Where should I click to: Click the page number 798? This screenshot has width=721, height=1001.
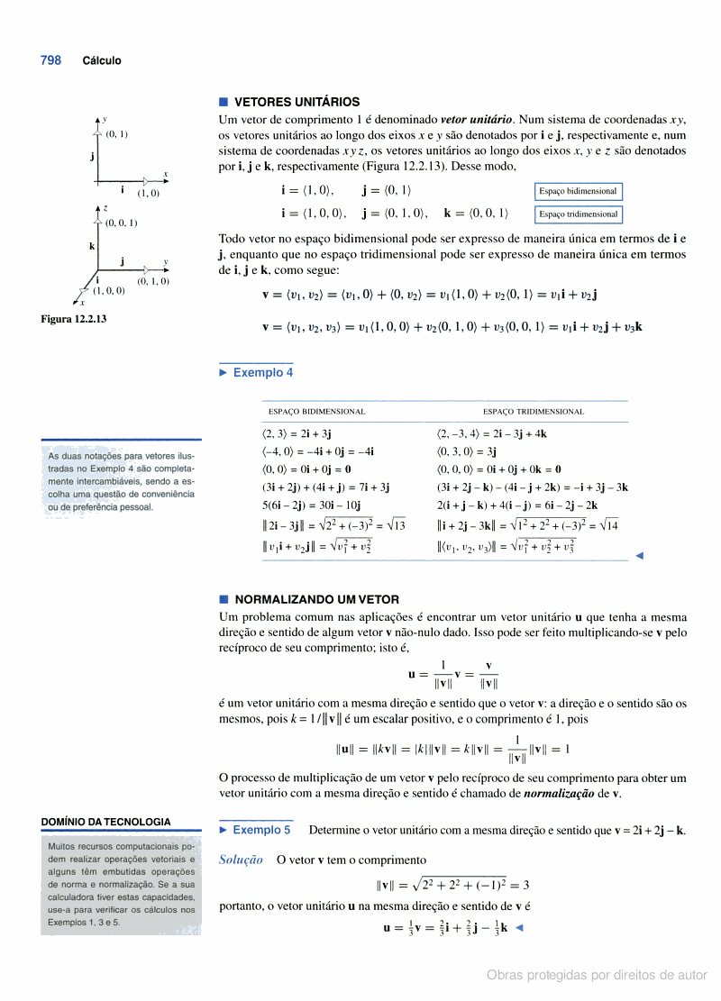50,60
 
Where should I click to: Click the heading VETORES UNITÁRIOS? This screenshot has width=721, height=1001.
297,102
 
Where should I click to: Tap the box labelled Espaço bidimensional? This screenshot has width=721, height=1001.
578,191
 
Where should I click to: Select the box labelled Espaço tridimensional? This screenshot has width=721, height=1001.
578,214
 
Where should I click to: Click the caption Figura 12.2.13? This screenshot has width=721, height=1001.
74,318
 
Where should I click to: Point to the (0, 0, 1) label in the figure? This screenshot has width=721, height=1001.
121,223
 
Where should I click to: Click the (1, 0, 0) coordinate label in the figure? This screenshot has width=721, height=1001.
109,290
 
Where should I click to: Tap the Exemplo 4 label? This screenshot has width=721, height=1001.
262,372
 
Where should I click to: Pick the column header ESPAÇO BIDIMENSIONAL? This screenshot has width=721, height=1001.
317,411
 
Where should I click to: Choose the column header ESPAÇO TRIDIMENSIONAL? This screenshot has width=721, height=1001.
534,411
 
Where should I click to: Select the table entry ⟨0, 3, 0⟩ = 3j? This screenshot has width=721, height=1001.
467,450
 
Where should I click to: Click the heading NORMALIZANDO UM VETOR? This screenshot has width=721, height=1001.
316,599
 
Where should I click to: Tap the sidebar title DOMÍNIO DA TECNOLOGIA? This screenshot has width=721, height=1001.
105,822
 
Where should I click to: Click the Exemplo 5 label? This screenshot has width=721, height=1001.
261,830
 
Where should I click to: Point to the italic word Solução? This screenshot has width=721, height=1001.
241,860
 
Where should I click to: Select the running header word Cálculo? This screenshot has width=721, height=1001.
102,61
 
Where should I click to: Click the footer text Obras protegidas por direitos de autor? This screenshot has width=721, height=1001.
597,975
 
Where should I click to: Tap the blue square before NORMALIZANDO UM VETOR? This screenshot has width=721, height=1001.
224,599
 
